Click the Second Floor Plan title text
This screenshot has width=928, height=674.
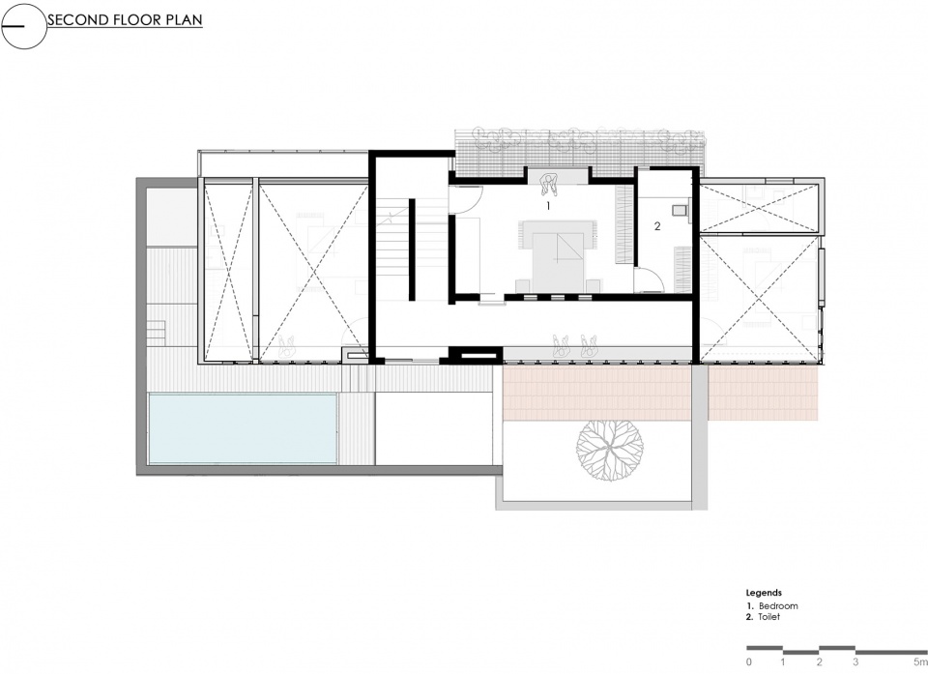[x=125, y=19]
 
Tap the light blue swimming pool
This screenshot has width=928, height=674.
[x=243, y=428]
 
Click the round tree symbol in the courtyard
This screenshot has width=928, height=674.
[x=610, y=450]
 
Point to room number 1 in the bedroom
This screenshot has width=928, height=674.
[x=548, y=206]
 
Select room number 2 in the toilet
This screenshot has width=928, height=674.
[x=657, y=226]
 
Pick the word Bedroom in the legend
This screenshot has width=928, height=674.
[x=778, y=606]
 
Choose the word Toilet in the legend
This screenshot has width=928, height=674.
[x=769, y=617]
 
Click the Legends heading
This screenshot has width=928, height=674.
[x=764, y=592]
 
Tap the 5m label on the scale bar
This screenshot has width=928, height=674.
[x=920, y=661]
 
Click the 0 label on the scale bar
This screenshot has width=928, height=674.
[x=749, y=661]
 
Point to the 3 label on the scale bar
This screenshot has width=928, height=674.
[x=855, y=661]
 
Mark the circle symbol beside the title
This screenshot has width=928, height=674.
[x=23, y=26]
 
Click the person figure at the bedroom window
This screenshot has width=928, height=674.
[x=550, y=185]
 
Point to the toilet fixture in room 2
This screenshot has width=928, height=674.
[x=680, y=210]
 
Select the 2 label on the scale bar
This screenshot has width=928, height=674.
[x=820, y=661]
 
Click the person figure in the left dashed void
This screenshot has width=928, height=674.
[x=288, y=346]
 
